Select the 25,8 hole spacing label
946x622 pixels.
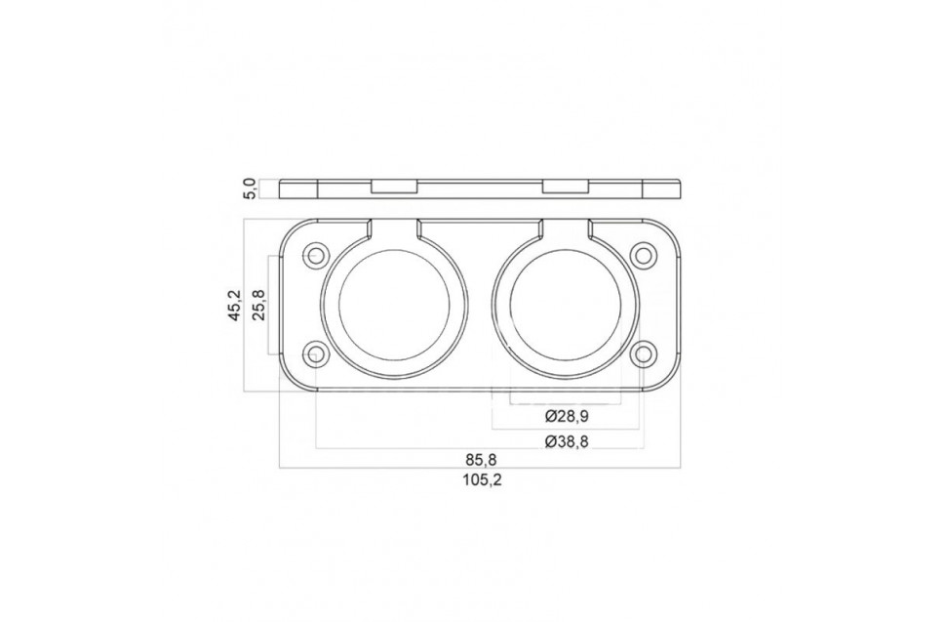(257, 305)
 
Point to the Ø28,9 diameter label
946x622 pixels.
(566, 416)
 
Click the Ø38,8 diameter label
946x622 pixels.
(566, 441)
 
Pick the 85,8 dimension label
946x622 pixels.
(481, 460)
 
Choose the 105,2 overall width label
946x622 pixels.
(483, 480)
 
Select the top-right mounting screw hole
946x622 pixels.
(644, 254)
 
